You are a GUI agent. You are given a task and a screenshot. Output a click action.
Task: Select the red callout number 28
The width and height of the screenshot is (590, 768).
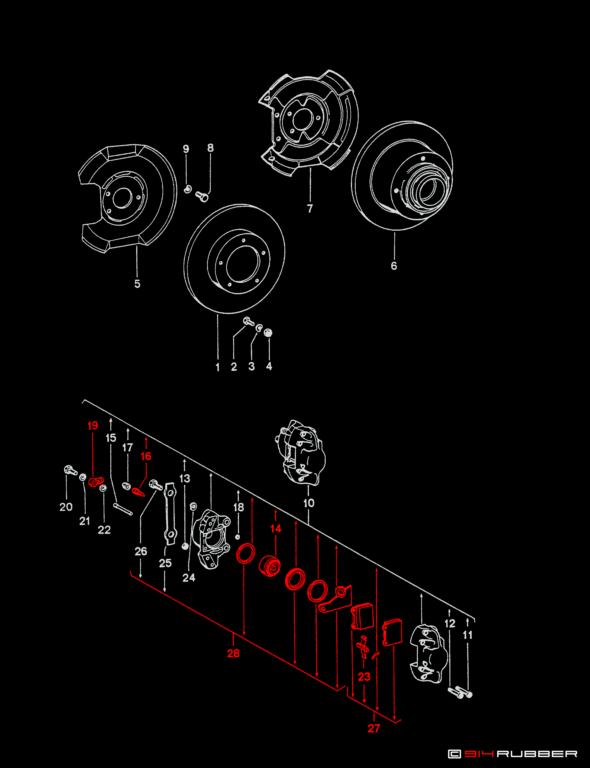tap(233, 653)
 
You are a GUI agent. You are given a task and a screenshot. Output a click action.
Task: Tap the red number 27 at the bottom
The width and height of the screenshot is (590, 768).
tap(374, 728)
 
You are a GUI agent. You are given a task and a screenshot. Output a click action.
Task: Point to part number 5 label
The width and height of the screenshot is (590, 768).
tap(137, 284)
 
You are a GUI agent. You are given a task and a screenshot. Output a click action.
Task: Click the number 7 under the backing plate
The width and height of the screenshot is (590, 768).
tap(310, 208)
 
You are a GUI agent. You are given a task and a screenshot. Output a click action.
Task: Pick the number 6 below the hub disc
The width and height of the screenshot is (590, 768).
tap(394, 266)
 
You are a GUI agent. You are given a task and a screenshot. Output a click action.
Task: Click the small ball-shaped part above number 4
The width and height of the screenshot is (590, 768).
tap(268, 332)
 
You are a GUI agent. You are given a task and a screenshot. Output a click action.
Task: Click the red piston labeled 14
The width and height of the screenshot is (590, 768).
tap(270, 566)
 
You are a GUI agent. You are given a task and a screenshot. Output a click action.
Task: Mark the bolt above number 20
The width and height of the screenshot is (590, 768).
tap(70, 470)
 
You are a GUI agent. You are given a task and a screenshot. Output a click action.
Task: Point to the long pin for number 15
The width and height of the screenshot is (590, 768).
tap(123, 509)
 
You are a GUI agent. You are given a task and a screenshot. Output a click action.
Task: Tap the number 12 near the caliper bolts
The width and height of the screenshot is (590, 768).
tap(450, 624)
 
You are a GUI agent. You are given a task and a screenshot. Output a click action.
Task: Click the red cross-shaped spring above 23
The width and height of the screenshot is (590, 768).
tap(363, 646)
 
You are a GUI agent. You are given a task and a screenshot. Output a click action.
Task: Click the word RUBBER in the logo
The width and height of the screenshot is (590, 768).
tap(537, 754)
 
